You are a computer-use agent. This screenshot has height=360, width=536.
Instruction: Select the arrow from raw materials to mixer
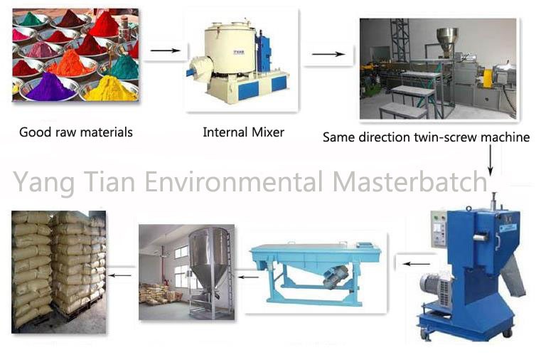pyautogui.click(x=165, y=51)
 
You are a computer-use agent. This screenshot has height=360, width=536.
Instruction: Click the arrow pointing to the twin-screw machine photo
pyautogui.click(x=328, y=54)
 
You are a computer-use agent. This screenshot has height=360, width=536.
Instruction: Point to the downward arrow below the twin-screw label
pyautogui.click(x=491, y=160)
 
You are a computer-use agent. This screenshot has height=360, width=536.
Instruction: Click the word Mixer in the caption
pyautogui.click(x=268, y=132)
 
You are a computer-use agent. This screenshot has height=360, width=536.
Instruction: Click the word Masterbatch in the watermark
pyautogui.click(x=410, y=181)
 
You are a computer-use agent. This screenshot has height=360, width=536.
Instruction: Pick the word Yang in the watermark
pyautogui.click(x=43, y=183)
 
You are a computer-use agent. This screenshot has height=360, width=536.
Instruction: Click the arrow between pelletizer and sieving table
pyautogui.click(x=417, y=264)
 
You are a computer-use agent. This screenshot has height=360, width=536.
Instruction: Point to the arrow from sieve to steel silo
pyautogui.click(x=248, y=277)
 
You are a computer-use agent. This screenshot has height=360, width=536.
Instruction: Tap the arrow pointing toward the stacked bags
pyautogui.click(x=120, y=275)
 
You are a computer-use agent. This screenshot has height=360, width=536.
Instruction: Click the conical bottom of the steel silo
pyautogui.click(x=208, y=273)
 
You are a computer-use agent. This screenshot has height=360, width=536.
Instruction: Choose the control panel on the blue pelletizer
pyautogui.click(x=439, y=228)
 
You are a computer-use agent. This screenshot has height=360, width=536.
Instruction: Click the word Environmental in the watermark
pyautogui.click(x=234, y=181)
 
